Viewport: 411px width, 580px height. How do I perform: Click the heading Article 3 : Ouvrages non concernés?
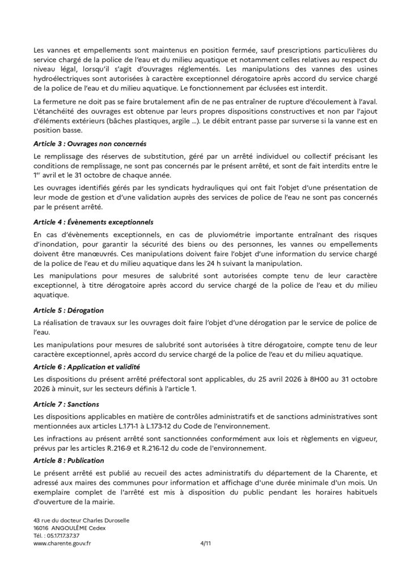(82, 143)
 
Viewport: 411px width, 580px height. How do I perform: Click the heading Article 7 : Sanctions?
(66, 404)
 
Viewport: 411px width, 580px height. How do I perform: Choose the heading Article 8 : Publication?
(69, 460)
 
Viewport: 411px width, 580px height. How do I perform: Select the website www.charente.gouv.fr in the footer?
(62, 542)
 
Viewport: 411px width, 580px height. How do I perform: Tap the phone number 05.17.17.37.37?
(65, 535)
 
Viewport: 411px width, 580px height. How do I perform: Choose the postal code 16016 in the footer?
(41, 527)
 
